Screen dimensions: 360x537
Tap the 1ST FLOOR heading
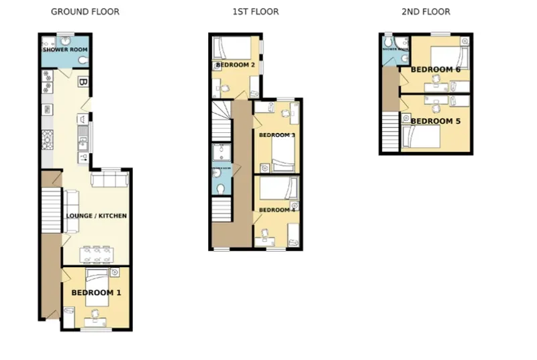[255, 11]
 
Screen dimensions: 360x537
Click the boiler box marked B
[83, 82]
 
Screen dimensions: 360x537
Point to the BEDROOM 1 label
[96, 293]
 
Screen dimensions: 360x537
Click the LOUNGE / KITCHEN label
[96, 216]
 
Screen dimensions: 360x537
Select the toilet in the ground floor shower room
[82, 61]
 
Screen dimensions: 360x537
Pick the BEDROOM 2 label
[235, 65]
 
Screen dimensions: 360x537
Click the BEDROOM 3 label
[277, 135]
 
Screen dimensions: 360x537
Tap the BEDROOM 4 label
[277, 210]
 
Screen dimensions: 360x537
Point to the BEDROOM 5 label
[436, 122]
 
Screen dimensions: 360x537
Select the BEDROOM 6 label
[436, 70]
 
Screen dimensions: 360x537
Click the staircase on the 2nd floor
[390, 132]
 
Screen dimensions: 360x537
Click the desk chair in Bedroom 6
[436, 79]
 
